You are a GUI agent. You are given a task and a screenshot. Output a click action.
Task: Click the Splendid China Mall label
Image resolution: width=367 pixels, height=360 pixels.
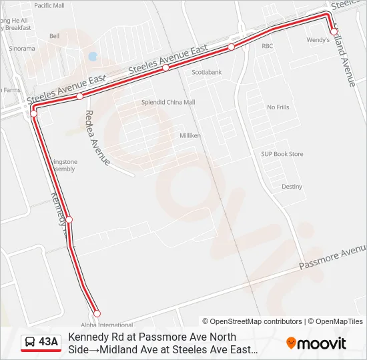pyautogui.click(x=167, y=102)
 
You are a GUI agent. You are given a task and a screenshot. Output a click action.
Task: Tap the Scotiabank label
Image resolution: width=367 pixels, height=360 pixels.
pyautogui.click(x=206, y=71)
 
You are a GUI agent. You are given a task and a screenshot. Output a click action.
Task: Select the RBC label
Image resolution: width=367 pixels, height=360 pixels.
pyautogui.click(x=268, y=46)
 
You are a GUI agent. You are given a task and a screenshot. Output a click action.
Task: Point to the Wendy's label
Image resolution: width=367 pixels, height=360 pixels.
pyautogui.click(x=318, y=40)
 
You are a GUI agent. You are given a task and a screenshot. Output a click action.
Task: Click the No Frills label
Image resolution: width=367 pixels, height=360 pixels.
pyautogui.click(x=278, y=107)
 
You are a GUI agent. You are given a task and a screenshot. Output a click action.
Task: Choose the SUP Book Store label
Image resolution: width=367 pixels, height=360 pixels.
pyautogui.click(x=282, y=154)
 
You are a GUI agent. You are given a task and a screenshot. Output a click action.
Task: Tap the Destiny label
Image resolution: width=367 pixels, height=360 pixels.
pyautogui.click(x=292, y=187)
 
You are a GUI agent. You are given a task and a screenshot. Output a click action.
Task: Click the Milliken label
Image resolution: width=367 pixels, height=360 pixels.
pyautogui.click(x=190, y=135)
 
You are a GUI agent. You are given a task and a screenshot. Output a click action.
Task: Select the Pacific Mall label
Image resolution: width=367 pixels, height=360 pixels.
pyautogui.click(x=49, y=5)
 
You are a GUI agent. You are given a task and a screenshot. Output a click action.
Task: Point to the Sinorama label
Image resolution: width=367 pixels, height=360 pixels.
pyautogui.click(x=22, y=49)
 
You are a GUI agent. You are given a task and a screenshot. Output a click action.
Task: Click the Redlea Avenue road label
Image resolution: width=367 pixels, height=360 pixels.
pyautogui.click(x=96, y=137)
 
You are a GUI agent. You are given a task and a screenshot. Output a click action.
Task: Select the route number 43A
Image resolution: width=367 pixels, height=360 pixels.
pyautogui.click(x=48, y=343)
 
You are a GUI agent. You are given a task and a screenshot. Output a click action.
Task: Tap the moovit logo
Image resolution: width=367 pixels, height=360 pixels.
pyautogui.click(x=316, y=343)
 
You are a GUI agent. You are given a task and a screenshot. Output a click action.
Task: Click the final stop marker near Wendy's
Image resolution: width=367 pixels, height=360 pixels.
pyautogui.click(x=334, y=31)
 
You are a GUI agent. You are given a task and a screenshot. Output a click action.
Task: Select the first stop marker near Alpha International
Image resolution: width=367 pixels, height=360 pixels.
pyautogui.click(x=97, y=313)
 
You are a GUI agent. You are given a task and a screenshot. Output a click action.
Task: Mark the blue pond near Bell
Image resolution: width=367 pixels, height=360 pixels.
pyautogui.click(x=92, y=57)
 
